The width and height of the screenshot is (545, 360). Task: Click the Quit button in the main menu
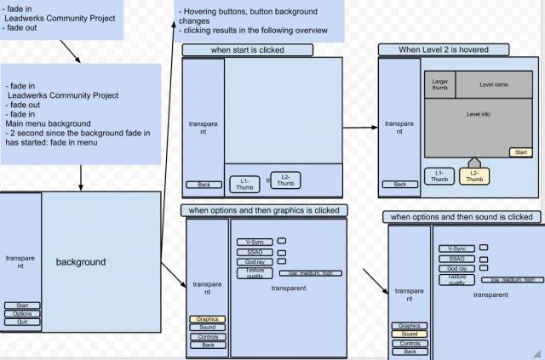click(22, 322)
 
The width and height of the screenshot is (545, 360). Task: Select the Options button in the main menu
click(22, 313)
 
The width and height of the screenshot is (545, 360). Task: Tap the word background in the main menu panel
click(81, 262)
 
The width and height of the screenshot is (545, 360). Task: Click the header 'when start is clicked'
click(248, 50)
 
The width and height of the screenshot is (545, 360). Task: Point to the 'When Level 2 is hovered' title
click(444, 49)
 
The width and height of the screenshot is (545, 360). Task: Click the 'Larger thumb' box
click(440, 84)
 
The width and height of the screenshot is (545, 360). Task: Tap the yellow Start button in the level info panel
click(520, 151)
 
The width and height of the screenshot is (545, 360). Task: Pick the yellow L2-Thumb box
click(474, 176)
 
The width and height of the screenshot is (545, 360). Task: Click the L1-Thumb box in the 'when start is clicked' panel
click(244, 182)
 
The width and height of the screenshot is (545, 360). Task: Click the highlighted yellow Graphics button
click(208, 319)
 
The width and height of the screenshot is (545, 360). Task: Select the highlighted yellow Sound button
click(410, 334)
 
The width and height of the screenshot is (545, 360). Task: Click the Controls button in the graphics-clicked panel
click(208, 336)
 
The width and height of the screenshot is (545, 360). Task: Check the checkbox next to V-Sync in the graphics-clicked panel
click(282, 241)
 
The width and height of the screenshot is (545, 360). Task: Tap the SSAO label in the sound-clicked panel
click(456, 259)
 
